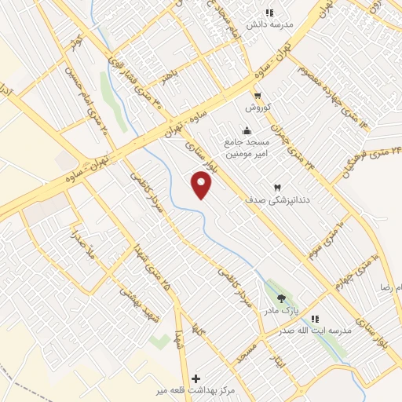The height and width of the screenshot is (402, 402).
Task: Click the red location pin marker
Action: click(203, 185)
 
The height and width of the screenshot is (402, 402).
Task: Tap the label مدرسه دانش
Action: click(269, 24)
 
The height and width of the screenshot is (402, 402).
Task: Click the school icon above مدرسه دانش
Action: click(269, 13)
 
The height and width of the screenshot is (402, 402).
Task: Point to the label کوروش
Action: click(257, 106)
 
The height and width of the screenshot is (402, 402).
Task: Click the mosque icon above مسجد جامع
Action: click(248, 131)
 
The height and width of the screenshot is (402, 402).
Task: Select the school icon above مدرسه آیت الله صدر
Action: click(314, 319)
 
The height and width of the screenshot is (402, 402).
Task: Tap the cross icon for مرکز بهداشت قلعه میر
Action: click(196, 378)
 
